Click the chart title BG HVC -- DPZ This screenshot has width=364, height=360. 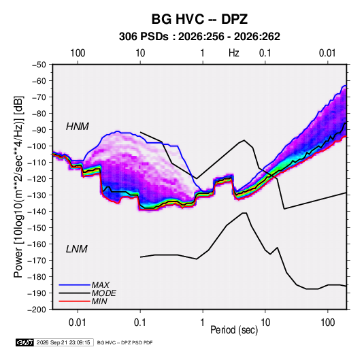tap(199, 19)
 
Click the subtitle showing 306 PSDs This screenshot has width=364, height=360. tap(199, 37)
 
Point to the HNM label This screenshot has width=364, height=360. tap(78, 127)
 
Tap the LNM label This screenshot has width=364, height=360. tap(77, 249)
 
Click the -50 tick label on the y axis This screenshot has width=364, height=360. tap(39, 65)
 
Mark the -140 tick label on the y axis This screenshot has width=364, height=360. tap(37, 212)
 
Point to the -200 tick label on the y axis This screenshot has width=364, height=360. tap(37, 310)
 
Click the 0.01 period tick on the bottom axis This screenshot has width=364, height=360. tap(78, 323)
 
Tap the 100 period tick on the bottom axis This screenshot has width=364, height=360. tap(327, 323)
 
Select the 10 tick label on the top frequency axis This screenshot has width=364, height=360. tap(140, 53)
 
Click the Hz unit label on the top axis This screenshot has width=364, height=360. tap(234, 53)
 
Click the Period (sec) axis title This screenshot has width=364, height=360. tap(234, 330)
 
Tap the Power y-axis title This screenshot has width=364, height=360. tap(18, 187)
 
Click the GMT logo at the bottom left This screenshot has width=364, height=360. tap(25, 342)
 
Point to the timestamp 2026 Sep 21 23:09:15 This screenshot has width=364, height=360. tap(63, 342)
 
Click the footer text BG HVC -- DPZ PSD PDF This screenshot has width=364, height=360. tap(125, 342)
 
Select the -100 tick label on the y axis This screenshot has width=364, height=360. tap(37, 146)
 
